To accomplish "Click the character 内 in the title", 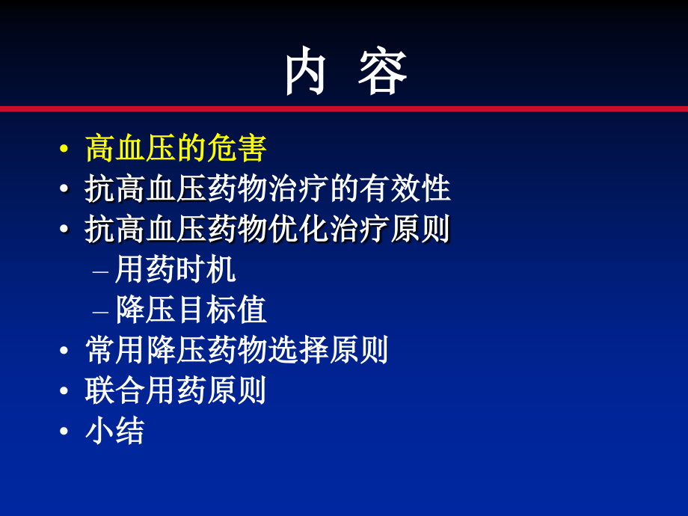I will point(306,72).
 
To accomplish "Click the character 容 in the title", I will point(382,72).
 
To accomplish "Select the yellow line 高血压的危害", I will point(176,149).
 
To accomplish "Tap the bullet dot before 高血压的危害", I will point(65,150).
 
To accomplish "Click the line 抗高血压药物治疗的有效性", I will point(268,189).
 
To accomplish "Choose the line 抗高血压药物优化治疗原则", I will point(268,230).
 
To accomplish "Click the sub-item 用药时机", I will point(176,270).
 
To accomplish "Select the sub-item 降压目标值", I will point(191,310).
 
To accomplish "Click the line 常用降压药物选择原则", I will point(237,350).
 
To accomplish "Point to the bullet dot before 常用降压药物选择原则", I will point(65,351).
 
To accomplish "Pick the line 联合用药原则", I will point(176,390).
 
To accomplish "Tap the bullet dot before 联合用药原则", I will point(65,391).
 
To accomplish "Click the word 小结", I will point(115,431).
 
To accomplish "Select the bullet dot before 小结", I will point(65,431).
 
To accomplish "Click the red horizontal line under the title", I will point(344,109).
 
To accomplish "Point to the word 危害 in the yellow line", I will point(237,149).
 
